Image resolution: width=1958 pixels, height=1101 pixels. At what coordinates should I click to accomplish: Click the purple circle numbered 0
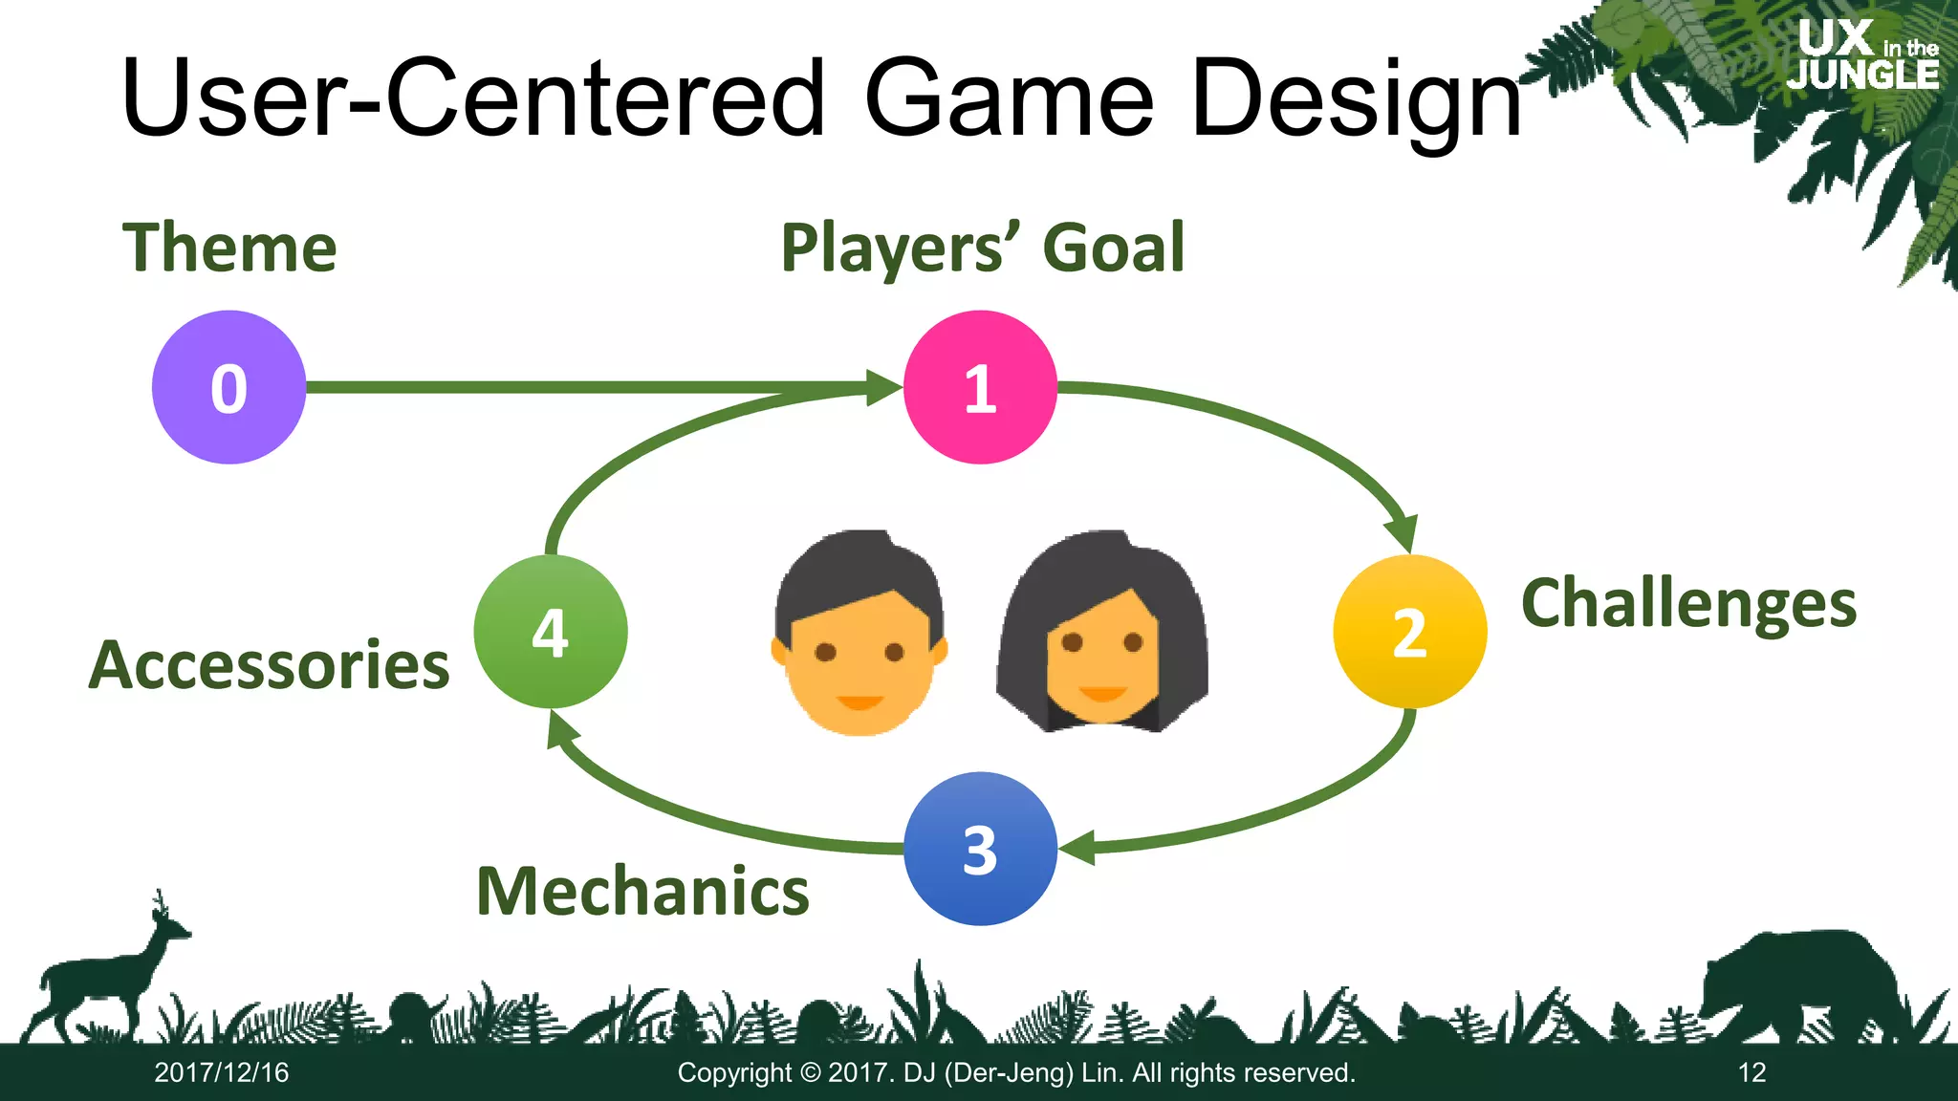(x=228, y=387)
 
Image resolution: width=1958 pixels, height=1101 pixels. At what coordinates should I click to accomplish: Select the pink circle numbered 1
(x=980, y=387)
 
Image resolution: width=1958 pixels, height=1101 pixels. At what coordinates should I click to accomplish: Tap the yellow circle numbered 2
(x=1409, y=632)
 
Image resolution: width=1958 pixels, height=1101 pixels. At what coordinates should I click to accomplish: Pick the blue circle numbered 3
(x=980, y=849)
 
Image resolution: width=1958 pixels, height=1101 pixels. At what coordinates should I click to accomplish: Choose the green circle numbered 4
(x=551, y=632)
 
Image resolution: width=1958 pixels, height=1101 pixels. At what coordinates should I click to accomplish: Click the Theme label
(x=229, y=248)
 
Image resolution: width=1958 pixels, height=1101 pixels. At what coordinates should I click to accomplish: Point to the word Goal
(x=1114, y=248)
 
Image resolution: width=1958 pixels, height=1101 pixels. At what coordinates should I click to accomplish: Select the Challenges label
(x=1688, y=604)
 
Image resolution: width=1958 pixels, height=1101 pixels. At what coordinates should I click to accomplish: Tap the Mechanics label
(x=642, y=891)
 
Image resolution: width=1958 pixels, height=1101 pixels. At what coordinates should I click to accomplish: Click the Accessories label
(x=269, y=665)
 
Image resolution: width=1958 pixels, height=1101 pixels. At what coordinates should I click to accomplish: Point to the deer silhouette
(x=105, y=975)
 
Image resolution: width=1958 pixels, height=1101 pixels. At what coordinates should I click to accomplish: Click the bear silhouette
(x=1797, y=984)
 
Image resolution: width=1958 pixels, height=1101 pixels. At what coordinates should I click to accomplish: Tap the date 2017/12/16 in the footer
(x=221, y=1072)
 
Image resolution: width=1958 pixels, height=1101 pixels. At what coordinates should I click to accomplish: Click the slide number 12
(x=1751, y=1072)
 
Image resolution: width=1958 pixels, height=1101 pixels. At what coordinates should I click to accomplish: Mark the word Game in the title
(x=1009, y=98)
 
